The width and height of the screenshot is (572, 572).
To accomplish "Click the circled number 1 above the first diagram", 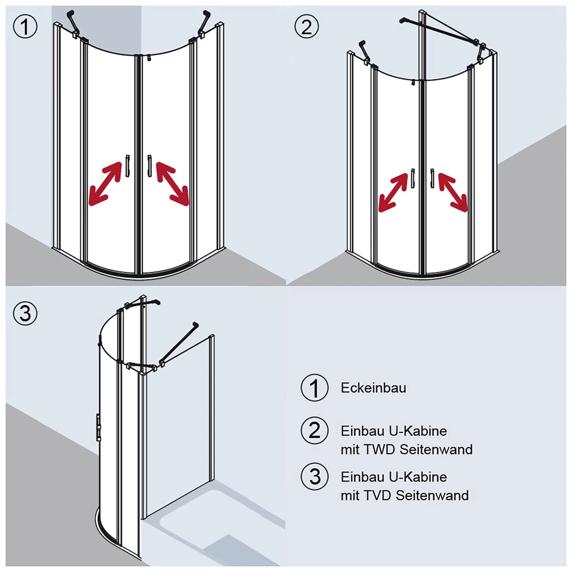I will [25, 27].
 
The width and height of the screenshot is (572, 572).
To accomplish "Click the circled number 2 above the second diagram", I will [307, 27].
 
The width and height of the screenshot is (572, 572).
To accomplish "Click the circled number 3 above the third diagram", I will [25, 313].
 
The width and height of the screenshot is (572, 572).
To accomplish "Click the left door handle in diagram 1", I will [127, 166].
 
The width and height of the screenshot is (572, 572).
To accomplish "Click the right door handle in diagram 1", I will [149, 166].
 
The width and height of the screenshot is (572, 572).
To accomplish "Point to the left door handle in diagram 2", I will [413, 178].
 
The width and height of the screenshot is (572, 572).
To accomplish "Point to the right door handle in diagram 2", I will [432, 178].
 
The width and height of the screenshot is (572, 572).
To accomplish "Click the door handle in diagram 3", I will [98, 427].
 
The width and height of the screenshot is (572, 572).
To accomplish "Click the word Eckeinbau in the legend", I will [373, 388].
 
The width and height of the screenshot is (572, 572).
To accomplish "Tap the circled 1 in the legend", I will [314, 388].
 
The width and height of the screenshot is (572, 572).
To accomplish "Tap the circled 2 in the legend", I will [314, 431].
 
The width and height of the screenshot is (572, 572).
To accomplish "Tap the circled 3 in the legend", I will [314, 477].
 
